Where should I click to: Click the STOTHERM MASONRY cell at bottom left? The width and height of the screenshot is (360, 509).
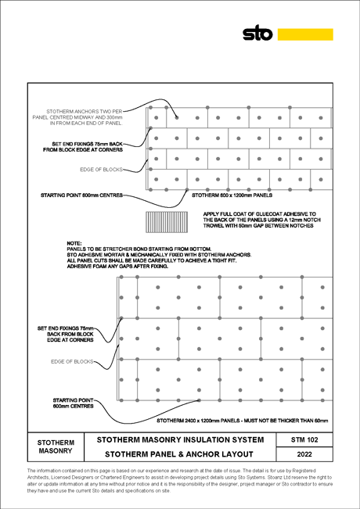(x=56, y=446)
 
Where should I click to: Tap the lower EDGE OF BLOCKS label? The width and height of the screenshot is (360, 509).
(x=72, y=362)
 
